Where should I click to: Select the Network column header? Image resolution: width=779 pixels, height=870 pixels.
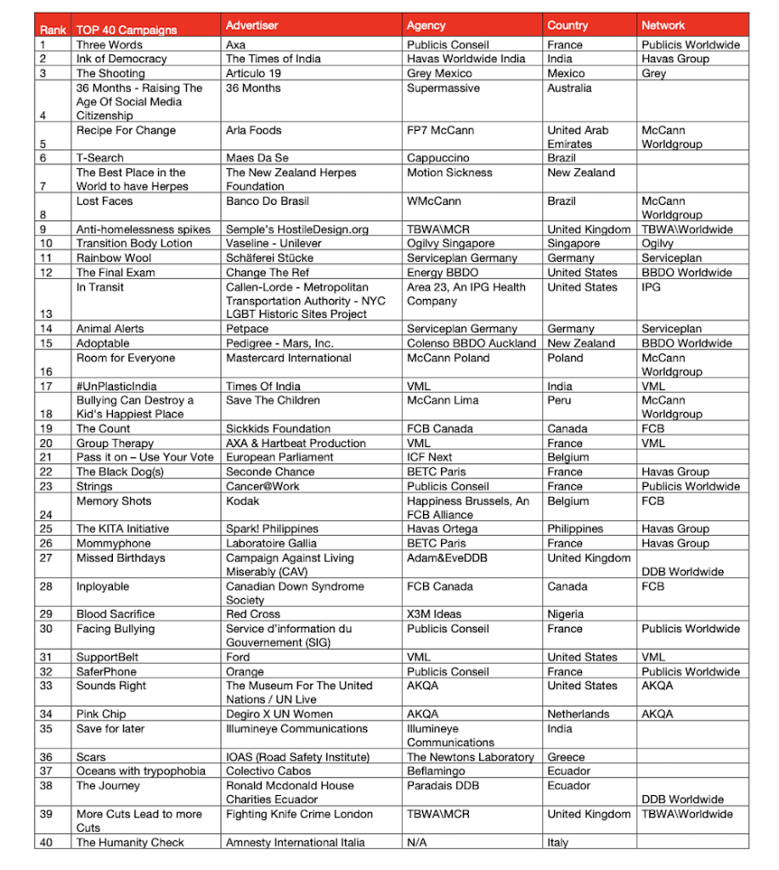coord(663,25)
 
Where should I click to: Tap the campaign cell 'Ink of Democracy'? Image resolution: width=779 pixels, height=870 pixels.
coord(121,59)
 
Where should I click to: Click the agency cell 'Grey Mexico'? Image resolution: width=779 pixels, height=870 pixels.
coord(439,74)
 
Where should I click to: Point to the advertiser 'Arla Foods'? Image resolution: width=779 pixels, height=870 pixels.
coord(254,131)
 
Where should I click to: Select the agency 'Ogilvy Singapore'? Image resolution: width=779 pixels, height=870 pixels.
coord(450,244)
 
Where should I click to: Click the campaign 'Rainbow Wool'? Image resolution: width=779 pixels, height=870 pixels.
coord(114,258)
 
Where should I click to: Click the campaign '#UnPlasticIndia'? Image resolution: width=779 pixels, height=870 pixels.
coord(116,387)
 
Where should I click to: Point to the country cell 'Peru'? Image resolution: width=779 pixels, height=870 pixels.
coord(561,400)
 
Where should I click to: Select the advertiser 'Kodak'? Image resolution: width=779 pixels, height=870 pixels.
coord(244,501)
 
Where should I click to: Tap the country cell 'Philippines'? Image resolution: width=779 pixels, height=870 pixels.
coord(575,528)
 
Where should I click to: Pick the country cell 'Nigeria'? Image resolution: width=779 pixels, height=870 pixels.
coord(566,614)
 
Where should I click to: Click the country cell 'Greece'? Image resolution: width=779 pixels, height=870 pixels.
coord(567,757)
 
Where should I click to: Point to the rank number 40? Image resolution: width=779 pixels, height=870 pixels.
coord(46,843)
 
